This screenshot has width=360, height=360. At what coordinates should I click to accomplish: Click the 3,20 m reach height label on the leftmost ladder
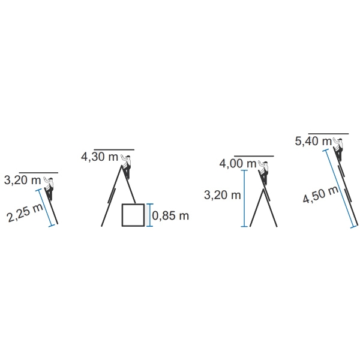22,180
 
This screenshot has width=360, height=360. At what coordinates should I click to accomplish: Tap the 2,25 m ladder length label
25,213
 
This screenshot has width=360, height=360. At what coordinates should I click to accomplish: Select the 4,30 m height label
100,157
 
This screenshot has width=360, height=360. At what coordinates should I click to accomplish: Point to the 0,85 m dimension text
170,216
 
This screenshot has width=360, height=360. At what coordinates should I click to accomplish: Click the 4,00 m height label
238,164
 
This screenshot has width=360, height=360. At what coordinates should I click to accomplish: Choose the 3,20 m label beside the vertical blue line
222,195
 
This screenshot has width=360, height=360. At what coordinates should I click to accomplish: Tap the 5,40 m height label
313,141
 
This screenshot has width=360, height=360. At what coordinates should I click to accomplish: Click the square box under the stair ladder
133,215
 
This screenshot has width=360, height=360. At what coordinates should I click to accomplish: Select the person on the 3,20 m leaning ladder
49,188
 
